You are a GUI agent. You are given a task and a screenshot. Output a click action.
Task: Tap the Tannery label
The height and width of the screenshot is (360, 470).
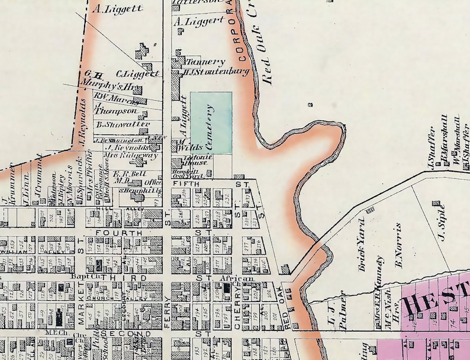205,62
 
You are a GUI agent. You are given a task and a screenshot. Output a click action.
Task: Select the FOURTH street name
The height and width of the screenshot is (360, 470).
123,233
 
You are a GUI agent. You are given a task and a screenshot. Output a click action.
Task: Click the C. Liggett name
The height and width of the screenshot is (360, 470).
137,74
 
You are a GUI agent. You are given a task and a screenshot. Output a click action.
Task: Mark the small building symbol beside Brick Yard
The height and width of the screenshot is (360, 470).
371,210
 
